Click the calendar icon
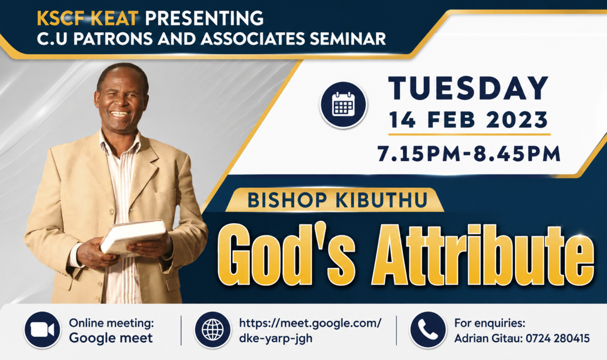tap(343, 104)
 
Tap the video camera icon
tap(42, 330)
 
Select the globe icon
tap(213, 330)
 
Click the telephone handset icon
tap(428, 330)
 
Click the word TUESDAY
tap(469, 88)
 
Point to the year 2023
tap(517, 120)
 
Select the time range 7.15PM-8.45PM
tap(469, 154)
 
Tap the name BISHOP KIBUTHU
tap(337, 200)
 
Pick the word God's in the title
tap(286, 255)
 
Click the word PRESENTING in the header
tap(204, 18)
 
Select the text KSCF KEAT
tap(88, 18)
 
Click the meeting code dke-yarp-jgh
tap(275, 338)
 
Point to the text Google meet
tap(111, 338)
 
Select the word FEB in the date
tap(451, 120)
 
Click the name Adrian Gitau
tap(482, 338)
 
